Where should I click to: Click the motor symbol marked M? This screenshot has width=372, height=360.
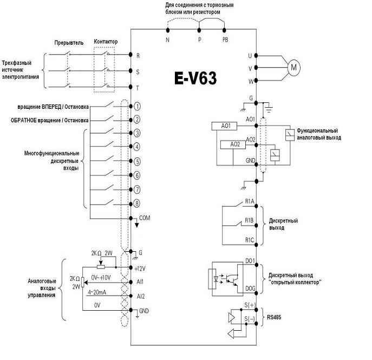(x=294, y=68)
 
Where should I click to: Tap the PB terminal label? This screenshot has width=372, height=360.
(x=225, y=40)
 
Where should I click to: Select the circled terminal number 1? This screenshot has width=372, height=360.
(x=138, y=107)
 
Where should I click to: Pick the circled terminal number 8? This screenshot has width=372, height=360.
(x=138, y=204)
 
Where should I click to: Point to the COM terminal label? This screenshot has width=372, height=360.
(x=145, y=218)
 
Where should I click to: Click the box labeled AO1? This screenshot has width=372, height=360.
(x=225, y=126)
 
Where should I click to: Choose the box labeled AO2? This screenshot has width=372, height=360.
(x=234, y=144)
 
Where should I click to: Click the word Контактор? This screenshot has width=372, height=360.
(x=105, y=42)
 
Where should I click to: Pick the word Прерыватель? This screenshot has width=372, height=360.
(x=69, y=43)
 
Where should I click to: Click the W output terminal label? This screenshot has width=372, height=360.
(x=250, y=82)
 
